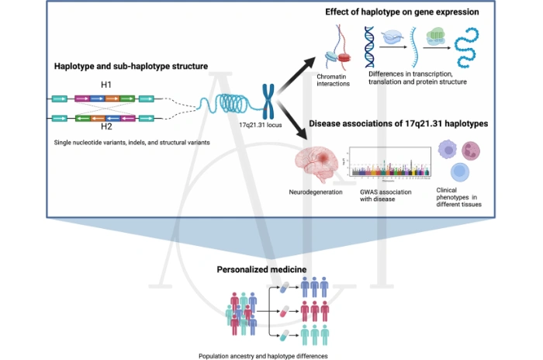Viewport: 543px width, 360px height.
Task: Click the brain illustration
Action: pos(318,162)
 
